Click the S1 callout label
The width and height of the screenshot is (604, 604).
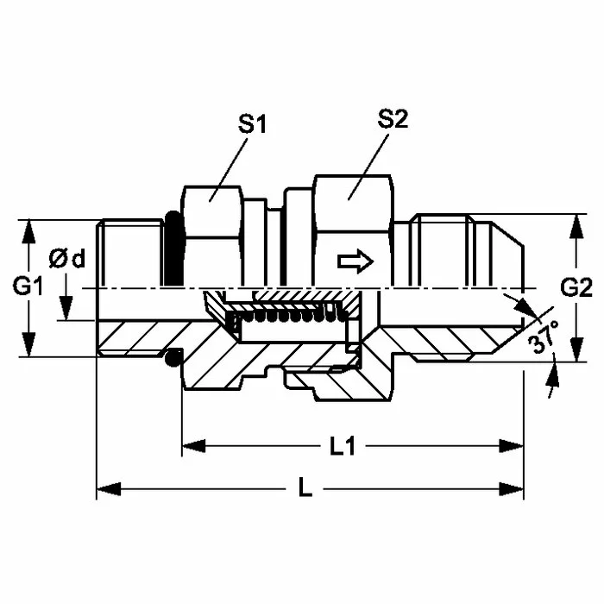coord(252,124)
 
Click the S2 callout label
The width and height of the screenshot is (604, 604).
coord(393,119)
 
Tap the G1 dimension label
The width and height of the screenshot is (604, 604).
coord(28,286)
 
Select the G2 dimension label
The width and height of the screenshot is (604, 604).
coord(576,287)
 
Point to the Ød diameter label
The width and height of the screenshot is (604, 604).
coord(67,258)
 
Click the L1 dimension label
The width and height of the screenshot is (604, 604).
coord(343,447)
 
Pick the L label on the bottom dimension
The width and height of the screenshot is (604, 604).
coord(305,489)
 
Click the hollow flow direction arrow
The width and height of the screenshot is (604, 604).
coord(355,261)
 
